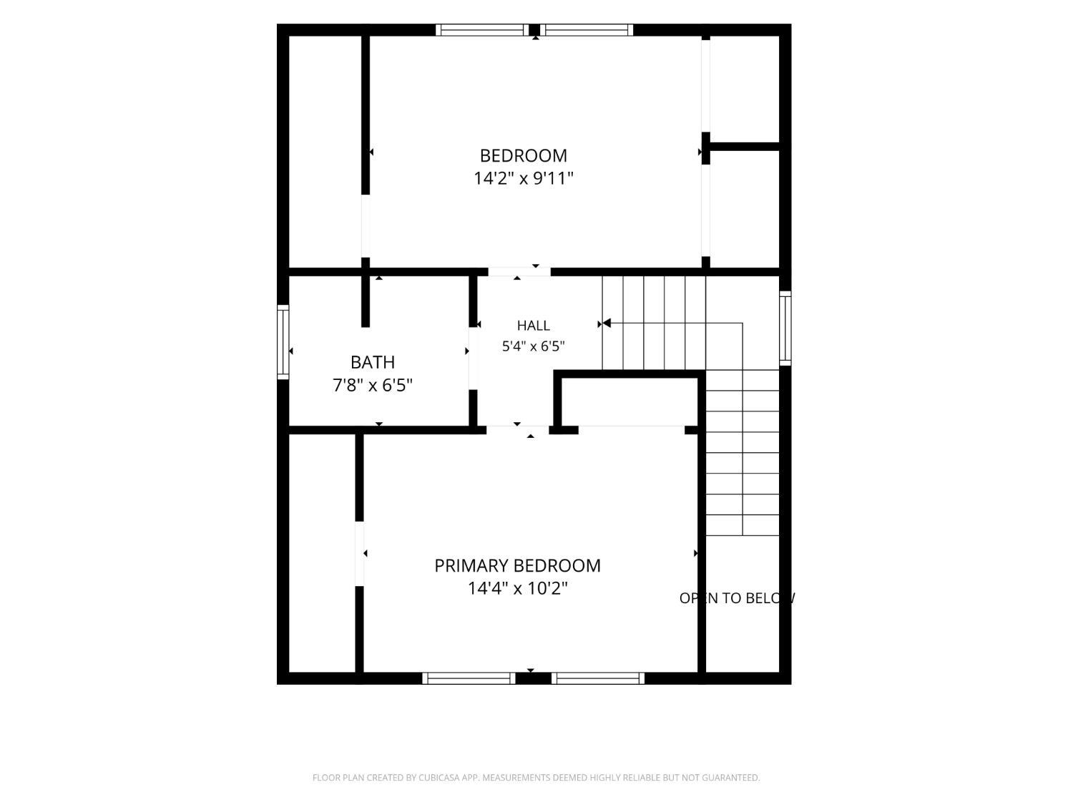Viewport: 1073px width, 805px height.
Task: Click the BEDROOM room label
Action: [523, 155]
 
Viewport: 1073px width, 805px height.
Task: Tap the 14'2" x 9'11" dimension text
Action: [523, 178]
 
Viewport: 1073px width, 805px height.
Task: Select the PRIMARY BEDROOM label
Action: [517, 565]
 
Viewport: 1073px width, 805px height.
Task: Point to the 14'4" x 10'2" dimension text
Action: [517, 588]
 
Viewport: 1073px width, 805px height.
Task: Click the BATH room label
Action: [373, 362]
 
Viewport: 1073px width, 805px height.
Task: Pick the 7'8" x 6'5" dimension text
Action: [373, 385]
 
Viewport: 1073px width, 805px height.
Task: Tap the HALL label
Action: [534, 325]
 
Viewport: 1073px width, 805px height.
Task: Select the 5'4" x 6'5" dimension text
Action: [534, 346]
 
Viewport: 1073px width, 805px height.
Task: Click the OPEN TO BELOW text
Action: [737, 597]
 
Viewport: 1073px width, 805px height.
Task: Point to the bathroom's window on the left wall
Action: [283, 342]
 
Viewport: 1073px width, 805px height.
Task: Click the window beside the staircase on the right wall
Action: [785, 328]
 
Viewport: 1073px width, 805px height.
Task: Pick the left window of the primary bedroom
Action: [469, 678]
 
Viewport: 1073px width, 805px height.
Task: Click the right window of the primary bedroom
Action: [598, 678]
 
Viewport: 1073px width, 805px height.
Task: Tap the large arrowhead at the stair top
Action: [607, 323]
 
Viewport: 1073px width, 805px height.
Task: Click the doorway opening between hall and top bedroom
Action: [519, 272]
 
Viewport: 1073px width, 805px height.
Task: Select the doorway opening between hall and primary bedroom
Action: [517, 430]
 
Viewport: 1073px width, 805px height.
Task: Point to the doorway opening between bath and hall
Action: [474, 358]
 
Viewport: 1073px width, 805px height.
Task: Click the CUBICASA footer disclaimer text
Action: [536, 777]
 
